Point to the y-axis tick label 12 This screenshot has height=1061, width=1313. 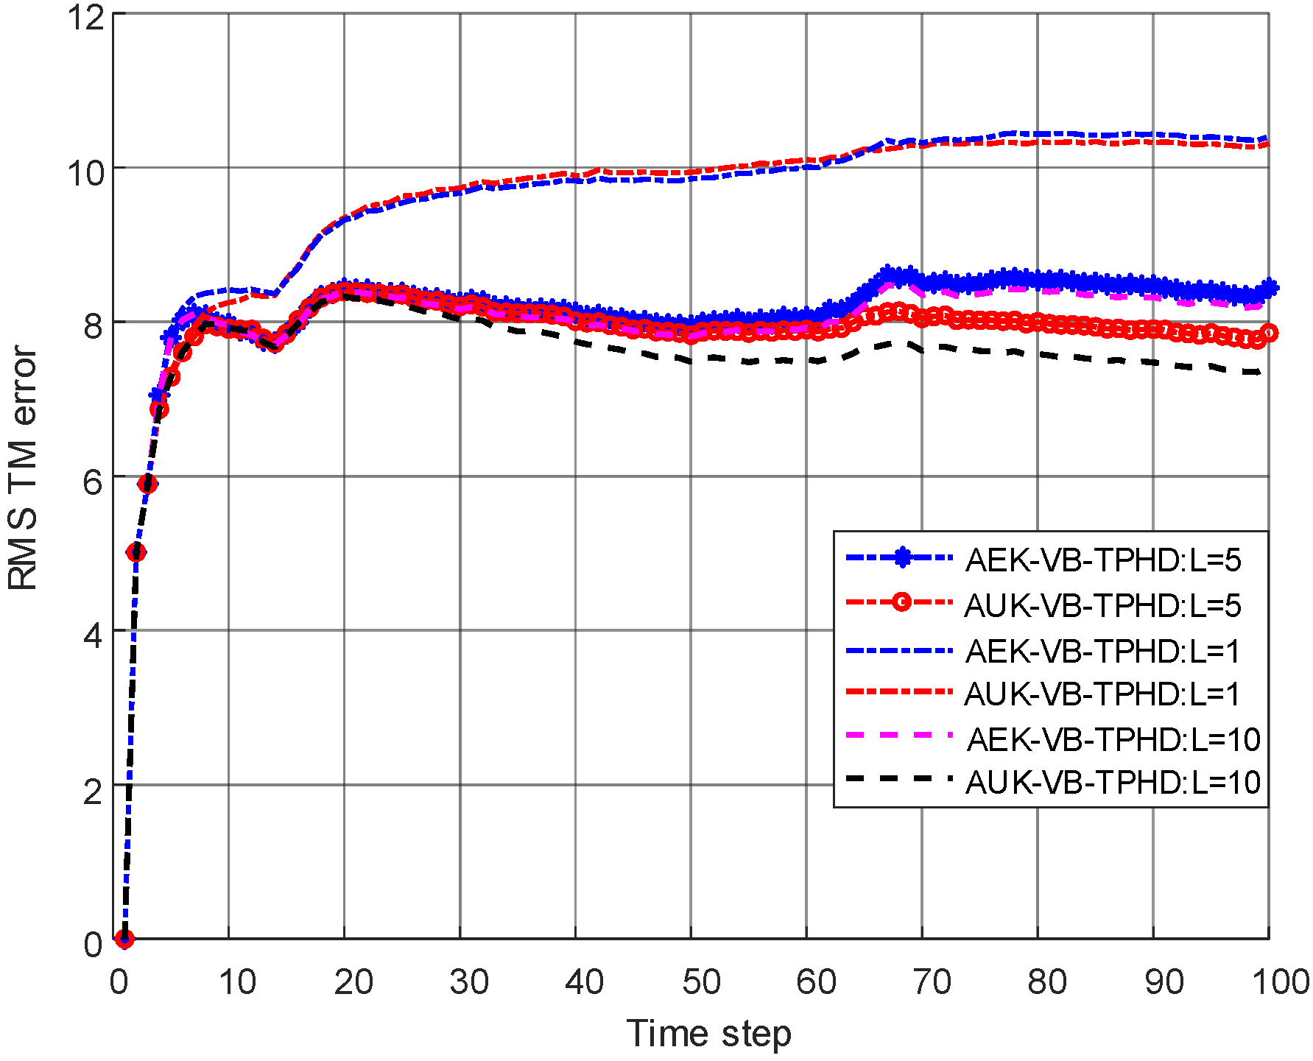85,16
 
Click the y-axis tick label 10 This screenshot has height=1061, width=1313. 85,172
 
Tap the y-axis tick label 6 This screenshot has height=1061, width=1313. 94,483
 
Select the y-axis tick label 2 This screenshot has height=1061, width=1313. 94,792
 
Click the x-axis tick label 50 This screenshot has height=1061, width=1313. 700,981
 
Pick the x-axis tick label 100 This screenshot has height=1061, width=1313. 1280,981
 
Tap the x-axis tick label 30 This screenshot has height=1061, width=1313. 469,981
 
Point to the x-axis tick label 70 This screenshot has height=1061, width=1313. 932,981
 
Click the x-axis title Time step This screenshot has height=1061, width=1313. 708,1033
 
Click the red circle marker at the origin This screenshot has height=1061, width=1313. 124,939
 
